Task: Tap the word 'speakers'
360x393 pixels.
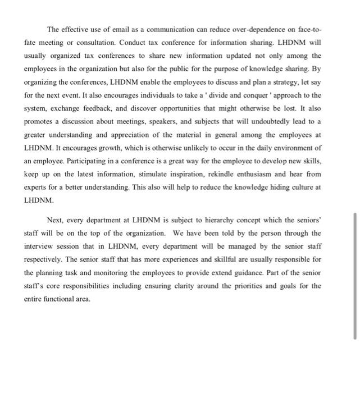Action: pyautogui.click(x=168, y=121)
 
